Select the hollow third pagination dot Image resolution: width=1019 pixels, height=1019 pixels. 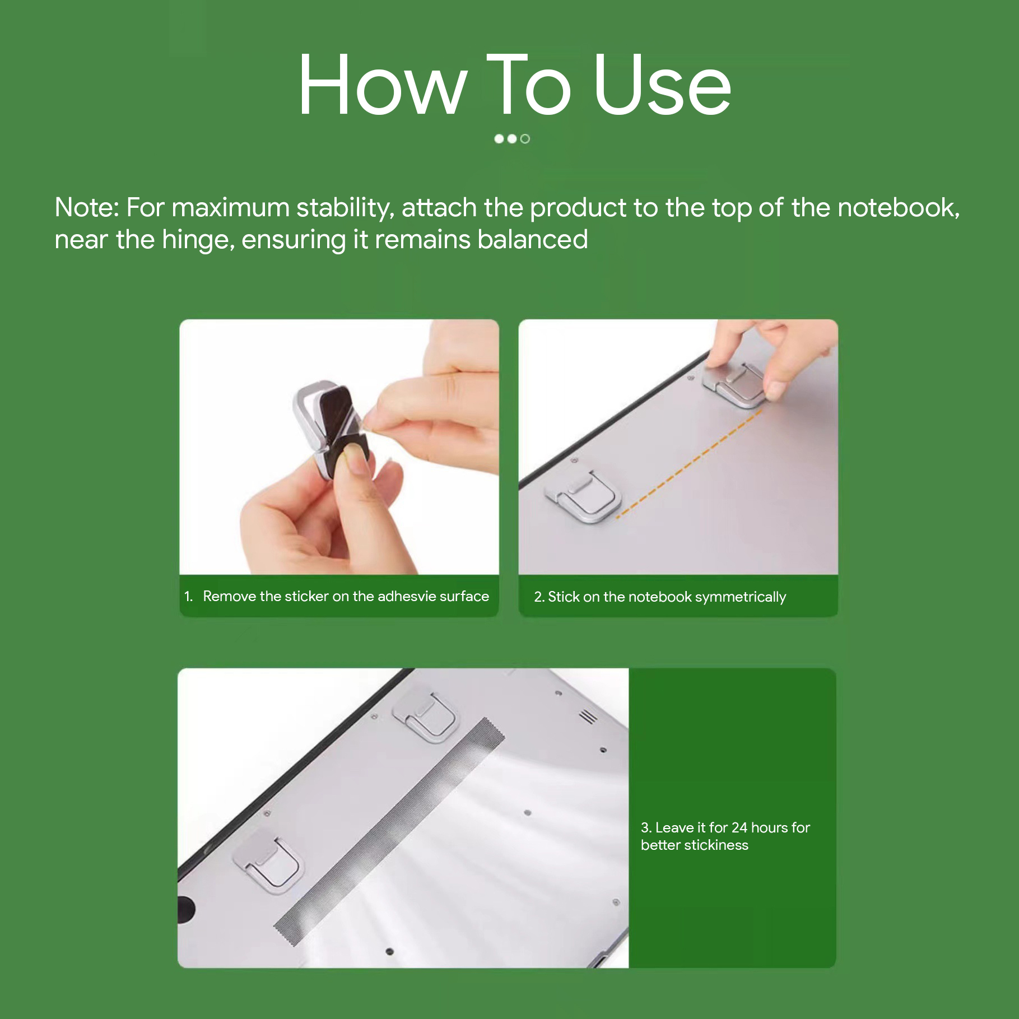point(525,139)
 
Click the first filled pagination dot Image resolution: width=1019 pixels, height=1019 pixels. point(499,139)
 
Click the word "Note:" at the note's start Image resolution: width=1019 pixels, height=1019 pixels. point(87,208)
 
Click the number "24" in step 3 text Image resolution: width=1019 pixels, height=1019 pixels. point(739,827)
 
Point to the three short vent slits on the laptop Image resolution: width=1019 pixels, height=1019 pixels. point(588,716)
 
